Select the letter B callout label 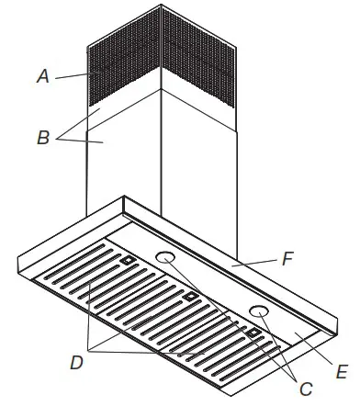(42, 141)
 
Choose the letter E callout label (342, 371)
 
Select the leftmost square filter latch (124, 261)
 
